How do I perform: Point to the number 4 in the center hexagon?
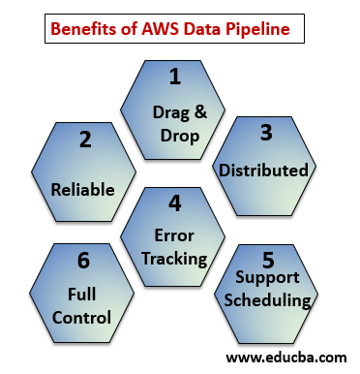point(174,205)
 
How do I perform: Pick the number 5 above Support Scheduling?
point(268,261)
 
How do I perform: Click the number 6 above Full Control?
point(84,261)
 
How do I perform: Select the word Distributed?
point(264,171)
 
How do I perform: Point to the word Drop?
point(175,136)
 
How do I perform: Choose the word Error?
point(175,235)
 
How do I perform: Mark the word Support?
point(268,279)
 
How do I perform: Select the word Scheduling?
point(268,300)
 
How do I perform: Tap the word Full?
point(83,294)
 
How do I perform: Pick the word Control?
point(84,317)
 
